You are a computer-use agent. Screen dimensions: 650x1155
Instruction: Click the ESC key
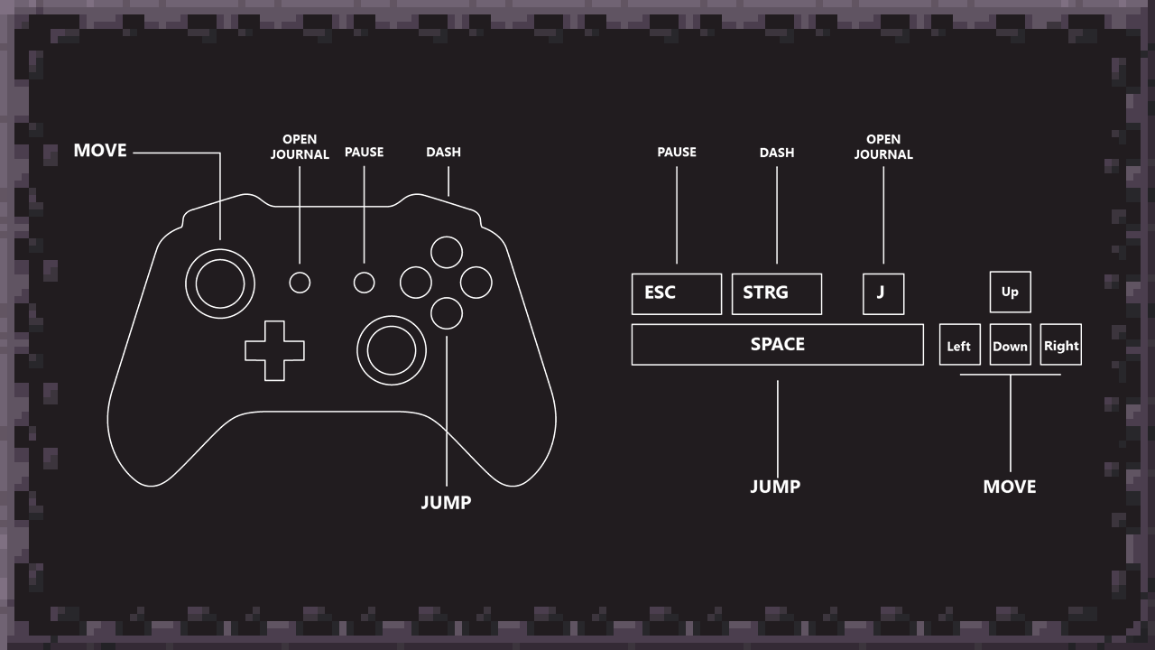point(676,293)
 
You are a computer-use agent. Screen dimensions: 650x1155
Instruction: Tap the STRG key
point(776,293)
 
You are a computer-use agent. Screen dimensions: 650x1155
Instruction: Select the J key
point(882,293)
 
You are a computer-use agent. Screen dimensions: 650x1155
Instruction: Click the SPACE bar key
point(777,344)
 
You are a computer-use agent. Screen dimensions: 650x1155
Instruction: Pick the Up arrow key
point(1010,292)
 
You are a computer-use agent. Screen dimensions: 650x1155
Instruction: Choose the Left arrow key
point(959,345)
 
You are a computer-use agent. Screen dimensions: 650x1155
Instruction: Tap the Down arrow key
point(1010,345)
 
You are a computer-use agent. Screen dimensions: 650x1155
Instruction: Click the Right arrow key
point(1060,345)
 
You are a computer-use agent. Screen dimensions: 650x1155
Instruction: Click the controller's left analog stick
point(220,283)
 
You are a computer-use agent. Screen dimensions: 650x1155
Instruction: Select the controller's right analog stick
point(391,349)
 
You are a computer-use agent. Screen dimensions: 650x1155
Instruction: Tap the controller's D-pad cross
point(274,349)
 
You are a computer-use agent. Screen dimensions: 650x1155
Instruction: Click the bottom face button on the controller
point(447,312)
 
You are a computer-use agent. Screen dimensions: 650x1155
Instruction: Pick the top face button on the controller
point(447,252)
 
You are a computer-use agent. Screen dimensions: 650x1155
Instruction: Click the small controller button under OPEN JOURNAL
point(300,283)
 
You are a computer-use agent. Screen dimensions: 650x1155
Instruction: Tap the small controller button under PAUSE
point(364,283)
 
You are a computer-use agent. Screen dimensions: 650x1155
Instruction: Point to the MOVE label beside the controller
point(100,151)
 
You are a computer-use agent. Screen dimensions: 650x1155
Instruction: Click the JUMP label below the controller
point(446,502)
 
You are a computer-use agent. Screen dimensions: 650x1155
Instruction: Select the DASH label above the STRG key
point(776,153)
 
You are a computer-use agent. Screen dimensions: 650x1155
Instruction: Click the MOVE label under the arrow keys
point(1009,487)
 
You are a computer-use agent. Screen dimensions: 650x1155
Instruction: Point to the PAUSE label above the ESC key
point(676,153)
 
